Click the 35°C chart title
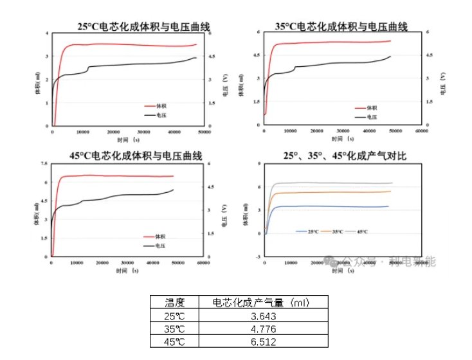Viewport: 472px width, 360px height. [341, 26]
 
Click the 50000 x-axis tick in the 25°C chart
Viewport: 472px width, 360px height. [205, 131]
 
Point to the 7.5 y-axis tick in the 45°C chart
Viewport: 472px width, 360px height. [44, 164]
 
